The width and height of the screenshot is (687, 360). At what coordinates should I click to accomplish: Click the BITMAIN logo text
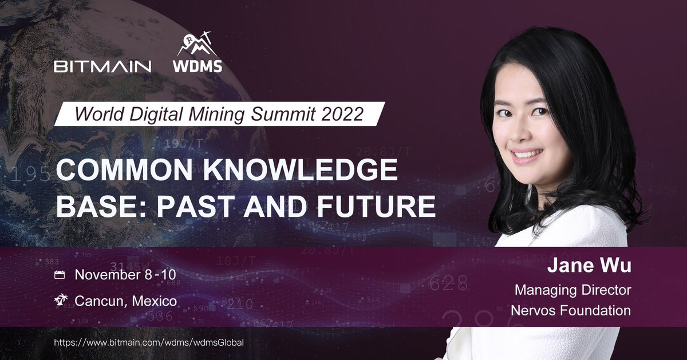pyautogui.click(x=102, y=66)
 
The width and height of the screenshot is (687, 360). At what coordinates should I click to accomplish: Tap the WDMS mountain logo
pyautogui.click(x=198, y=52)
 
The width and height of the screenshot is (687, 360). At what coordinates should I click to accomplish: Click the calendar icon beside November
pyautogui.click(x=59, y=275)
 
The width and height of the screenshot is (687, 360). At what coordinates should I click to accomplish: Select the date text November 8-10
pyautogui.click(x=125, y=275)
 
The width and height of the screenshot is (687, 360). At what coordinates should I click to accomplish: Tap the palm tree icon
pyautogui.click(x=61, y=300)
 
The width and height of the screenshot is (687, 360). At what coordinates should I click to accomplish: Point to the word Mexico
pyautogui.click(x=154, y=301)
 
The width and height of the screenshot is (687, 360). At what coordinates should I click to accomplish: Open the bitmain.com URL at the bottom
pyautogui.click(x=149, y=342)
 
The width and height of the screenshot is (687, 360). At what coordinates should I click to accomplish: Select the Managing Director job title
pyautogui.click(x=573, y=290)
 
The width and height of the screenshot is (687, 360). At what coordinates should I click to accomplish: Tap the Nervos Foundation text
pyautogui.click(x=571, y=310)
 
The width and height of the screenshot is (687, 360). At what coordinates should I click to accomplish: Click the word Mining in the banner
pyautogui.click(x=216, y=114)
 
